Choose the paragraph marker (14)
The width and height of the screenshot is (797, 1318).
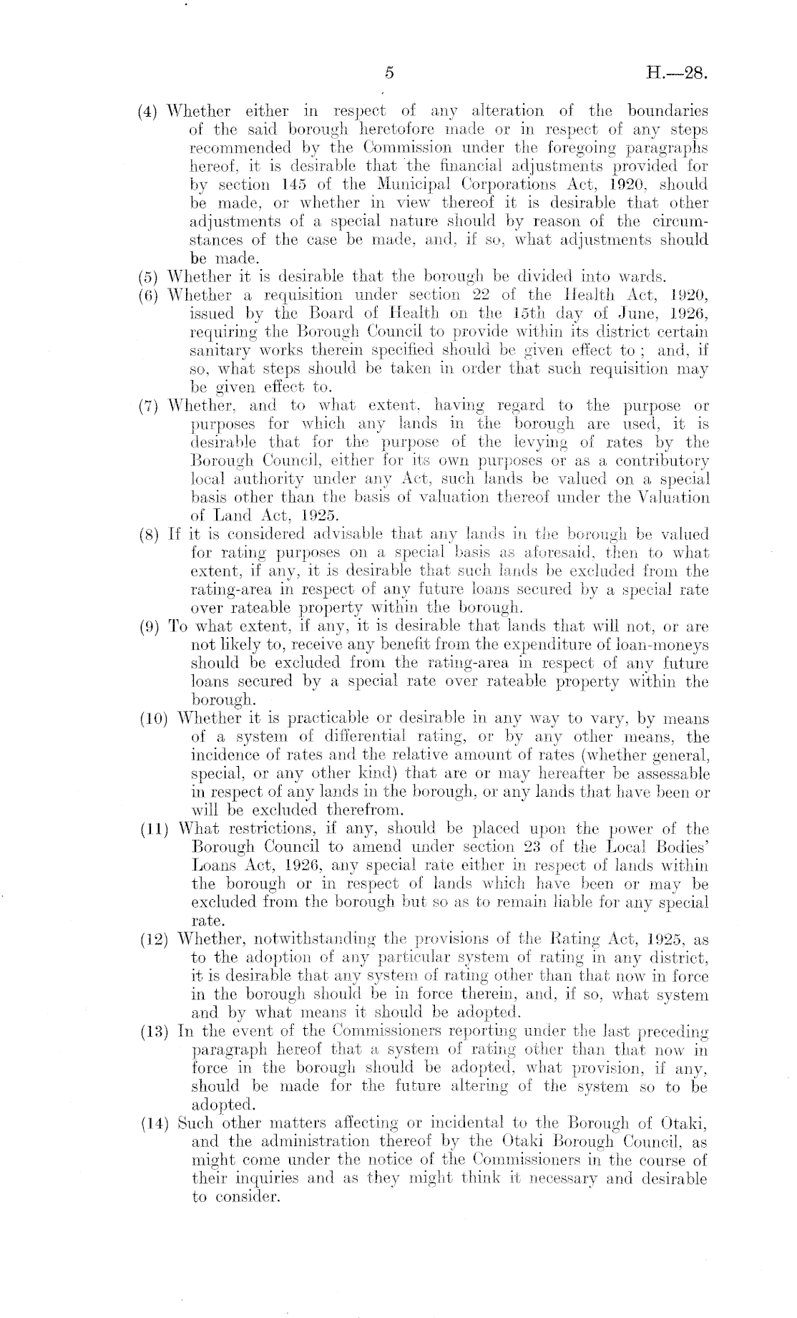coord(152,1123)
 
